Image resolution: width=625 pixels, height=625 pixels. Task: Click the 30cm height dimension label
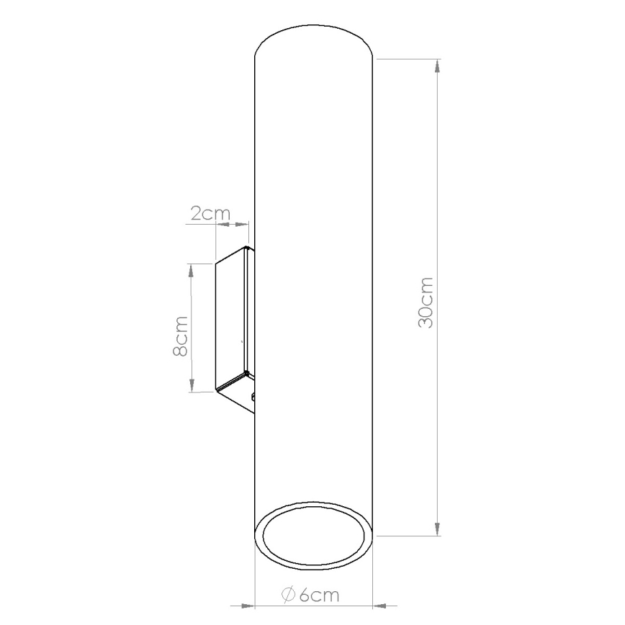426,302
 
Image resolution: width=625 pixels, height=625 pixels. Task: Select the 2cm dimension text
210,213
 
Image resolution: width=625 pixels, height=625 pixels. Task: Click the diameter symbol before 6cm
286,595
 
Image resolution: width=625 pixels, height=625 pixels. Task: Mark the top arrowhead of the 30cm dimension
437,66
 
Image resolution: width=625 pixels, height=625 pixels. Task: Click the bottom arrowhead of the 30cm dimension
437,529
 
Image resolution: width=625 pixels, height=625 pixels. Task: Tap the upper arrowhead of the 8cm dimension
192,269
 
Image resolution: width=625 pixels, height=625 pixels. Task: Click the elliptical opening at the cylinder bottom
314,537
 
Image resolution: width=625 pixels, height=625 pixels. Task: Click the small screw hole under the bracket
253,397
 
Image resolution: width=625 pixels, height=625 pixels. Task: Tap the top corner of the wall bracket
247,249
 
